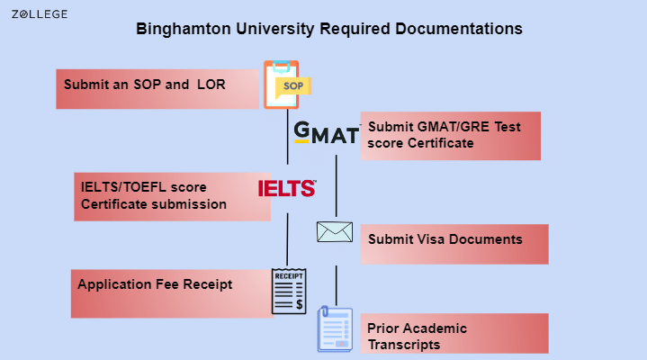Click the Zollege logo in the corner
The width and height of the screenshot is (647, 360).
(x=39, y=15)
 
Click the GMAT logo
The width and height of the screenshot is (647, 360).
(x=326, y=133)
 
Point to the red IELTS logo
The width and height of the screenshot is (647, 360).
(x=286, y=188)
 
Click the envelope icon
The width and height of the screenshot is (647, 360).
(x=334, y=232)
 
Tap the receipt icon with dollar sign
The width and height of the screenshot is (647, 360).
(x=289, y=291)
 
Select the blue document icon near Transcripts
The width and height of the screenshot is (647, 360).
(x=335, y=328)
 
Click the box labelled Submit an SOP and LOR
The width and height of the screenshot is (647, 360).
(x=157, y=88)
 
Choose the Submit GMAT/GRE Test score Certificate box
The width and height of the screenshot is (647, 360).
(x=450, y=135)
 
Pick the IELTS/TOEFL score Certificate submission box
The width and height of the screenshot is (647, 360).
(x=172, y=196)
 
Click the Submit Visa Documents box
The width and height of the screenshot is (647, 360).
(x=454, y=243)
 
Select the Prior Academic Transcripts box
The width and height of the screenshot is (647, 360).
(x=454, y=333)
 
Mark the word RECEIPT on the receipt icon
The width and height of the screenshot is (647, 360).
(x=289, y=274)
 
